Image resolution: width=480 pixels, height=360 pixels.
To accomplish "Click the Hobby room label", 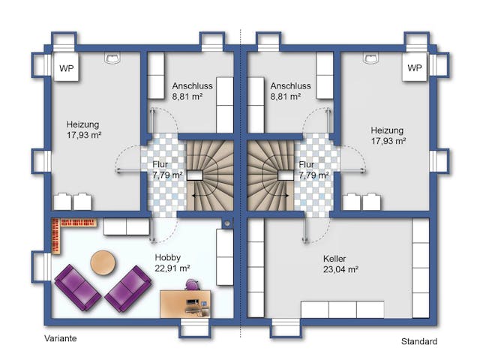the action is pyautogui.click(x=168, y=258).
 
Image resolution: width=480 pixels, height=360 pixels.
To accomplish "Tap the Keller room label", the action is pyautogui.click(x=334, y=259).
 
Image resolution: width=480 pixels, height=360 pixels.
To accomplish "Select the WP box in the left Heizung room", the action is pyautogui.click(x=67, y=68).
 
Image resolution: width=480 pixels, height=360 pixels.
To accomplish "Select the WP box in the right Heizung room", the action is pyautogui.click(x=415, y=67).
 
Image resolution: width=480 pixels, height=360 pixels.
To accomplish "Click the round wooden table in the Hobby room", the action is pyautogui.click(x=103, y=262).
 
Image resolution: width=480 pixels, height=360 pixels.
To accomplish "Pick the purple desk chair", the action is pyautogui.click(x=193, y=285).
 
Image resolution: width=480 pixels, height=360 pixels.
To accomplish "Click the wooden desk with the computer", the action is pyautogui.click(x=185, y=304).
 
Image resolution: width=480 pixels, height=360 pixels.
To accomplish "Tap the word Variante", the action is pyautogui.click(x=61, y=338).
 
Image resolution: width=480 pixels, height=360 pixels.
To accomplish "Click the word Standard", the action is pyautogui.click(x=419, y=341).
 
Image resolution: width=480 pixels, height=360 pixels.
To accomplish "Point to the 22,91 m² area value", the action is pyautogui.click(x=172, y=268).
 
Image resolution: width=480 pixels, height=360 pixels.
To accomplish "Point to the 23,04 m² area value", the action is pyautogui.click(x=340, y=270).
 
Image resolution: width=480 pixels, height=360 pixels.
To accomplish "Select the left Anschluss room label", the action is pyautogui.click(x=192, y=85).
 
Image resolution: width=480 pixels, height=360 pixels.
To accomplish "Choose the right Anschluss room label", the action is pyautogui.click(x=290, y=85).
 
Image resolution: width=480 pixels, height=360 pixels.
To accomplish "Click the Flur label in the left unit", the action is pyautogui.click(x=160, y=164).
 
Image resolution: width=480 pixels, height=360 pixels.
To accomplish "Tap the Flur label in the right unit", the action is pyautogui.click(x=307, y=164).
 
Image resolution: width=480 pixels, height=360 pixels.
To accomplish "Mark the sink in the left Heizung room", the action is pyautogui.click(x=112, y=58).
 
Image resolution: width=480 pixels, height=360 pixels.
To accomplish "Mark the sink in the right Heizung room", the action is pyautogui.click(x=370, y=58).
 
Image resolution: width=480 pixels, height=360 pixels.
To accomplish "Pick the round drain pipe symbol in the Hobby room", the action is pyautogui.click(x=227, y=223).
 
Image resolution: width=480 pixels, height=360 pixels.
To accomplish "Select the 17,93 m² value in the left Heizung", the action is pyautogui.click(x=84, y=135).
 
